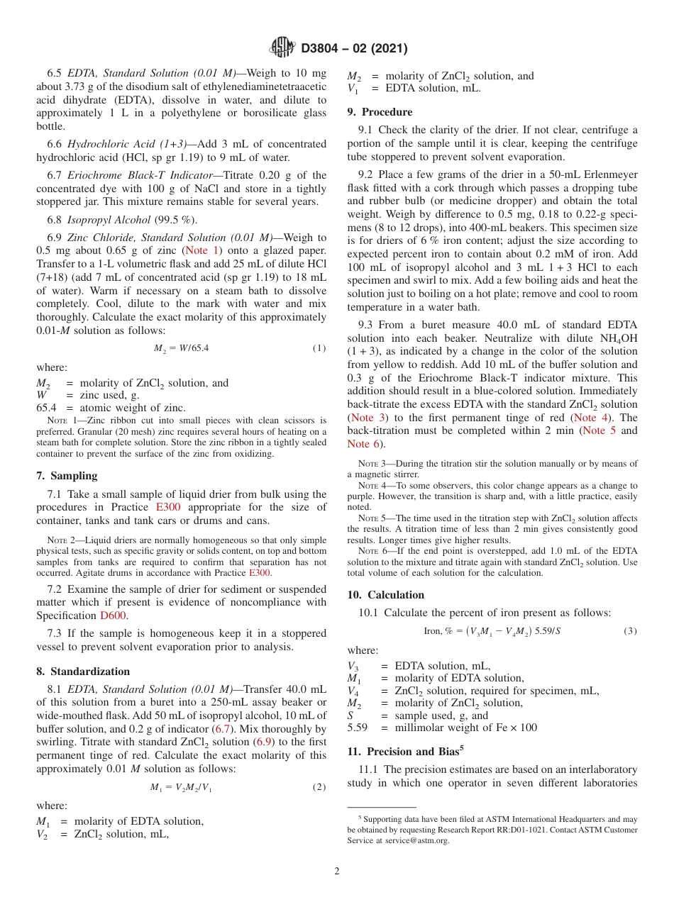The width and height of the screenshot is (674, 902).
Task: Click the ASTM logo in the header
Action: (284, 48)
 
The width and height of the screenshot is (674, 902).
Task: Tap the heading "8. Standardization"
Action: (83, 672)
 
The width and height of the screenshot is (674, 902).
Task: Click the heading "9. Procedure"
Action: (380, 112)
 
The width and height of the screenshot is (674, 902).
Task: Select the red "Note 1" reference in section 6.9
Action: (202, 250)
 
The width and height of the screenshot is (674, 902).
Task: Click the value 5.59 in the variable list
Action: (358, 728)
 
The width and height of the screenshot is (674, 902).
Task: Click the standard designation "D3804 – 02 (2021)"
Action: (354, 48)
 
